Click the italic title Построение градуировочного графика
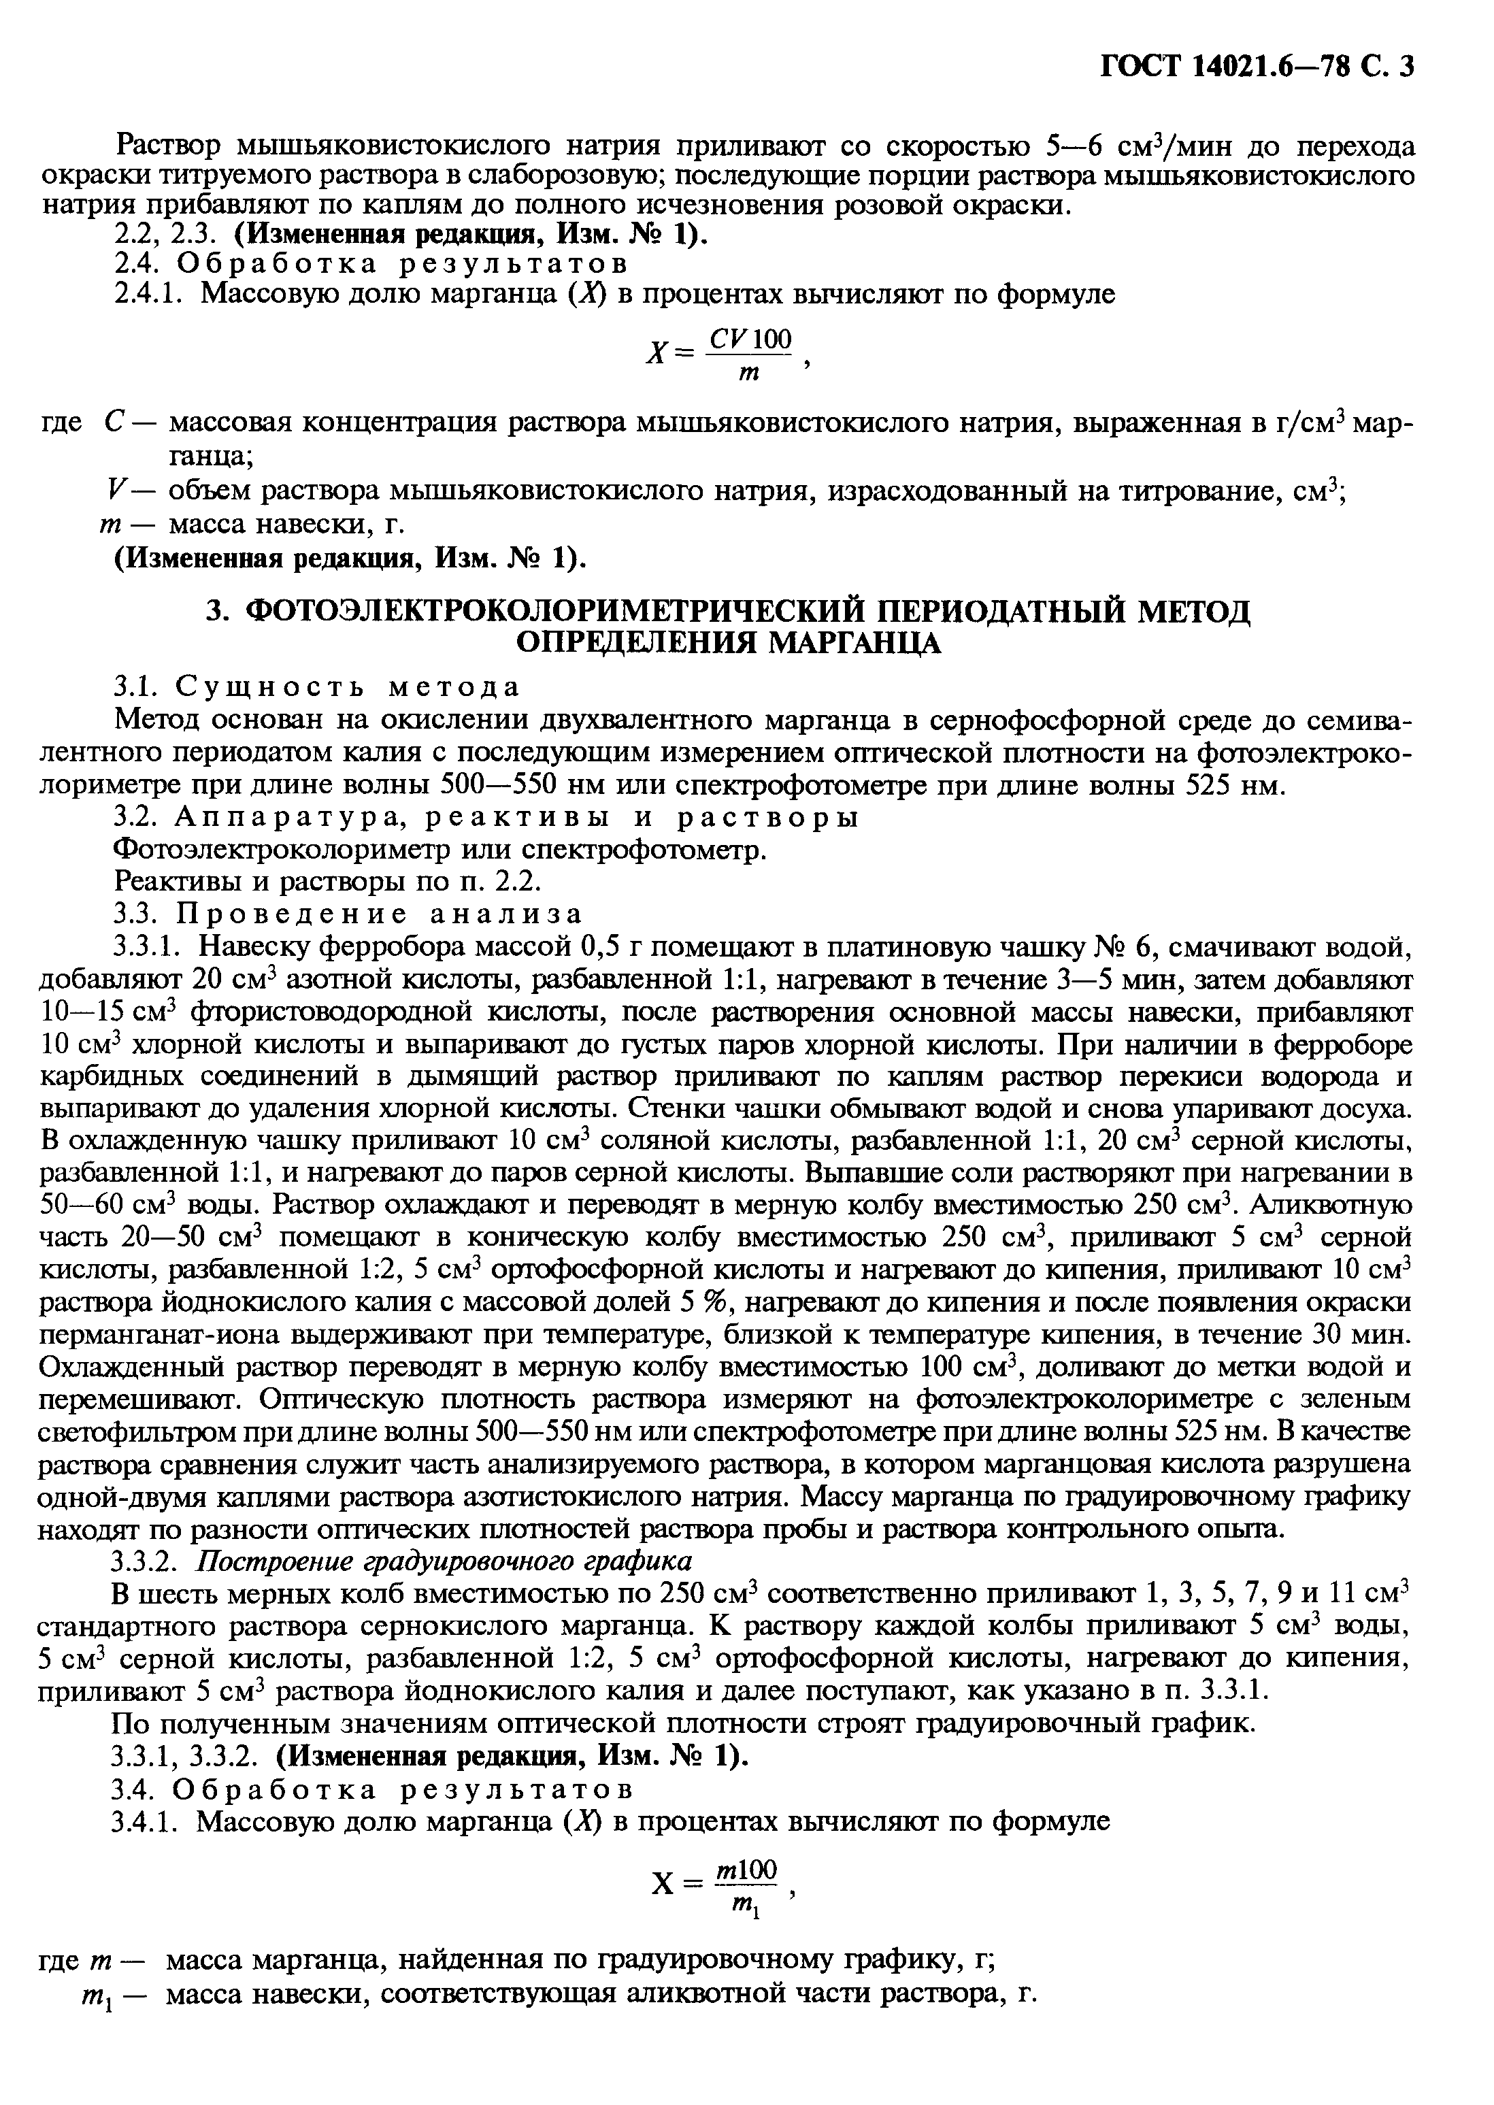click(446, 1561)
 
